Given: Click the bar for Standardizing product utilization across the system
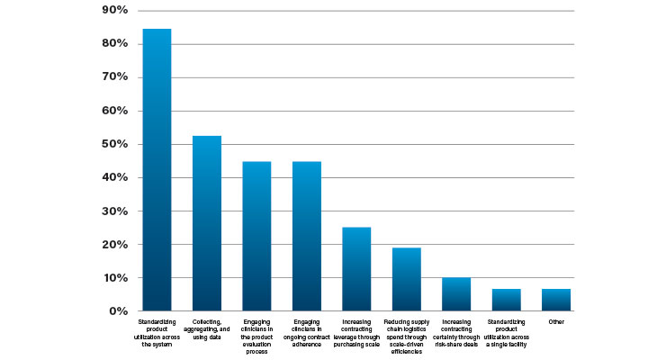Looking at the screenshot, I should pos(157,170).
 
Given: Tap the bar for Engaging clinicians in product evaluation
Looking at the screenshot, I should pos(256,237).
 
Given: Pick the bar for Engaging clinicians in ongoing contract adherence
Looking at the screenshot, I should pos(307,237).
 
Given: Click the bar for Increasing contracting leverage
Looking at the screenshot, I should pos(356,269).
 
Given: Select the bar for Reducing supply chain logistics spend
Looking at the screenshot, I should pos(407,280).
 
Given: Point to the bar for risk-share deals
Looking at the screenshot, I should pos(456,294).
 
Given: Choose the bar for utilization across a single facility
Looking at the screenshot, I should pos(506,300).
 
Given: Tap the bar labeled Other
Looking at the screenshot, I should pos(556,300).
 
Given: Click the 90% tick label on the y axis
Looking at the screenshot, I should pos(113,11).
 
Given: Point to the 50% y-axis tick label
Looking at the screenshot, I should pos(113,144).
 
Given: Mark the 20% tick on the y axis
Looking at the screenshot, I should pos(113,245).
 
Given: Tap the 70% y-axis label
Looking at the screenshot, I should pos(113,77).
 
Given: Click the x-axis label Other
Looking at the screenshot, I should pos(556,320).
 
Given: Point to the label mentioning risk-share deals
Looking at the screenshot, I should pos(456,328).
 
